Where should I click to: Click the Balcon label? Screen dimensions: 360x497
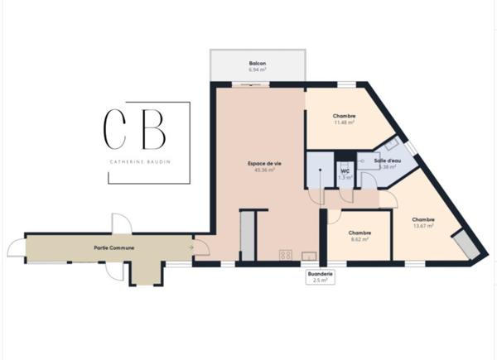258,63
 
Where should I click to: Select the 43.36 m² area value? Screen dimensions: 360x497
264,170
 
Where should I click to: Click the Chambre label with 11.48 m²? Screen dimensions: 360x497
344,116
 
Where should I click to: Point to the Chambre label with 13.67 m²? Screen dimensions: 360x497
423,219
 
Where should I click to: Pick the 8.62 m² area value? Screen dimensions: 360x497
359,239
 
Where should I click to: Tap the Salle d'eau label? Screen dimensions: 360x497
386,161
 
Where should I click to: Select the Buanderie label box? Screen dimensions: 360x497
320,276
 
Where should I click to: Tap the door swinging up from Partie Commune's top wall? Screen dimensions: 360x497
120,223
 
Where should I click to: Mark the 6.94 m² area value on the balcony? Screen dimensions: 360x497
258,70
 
